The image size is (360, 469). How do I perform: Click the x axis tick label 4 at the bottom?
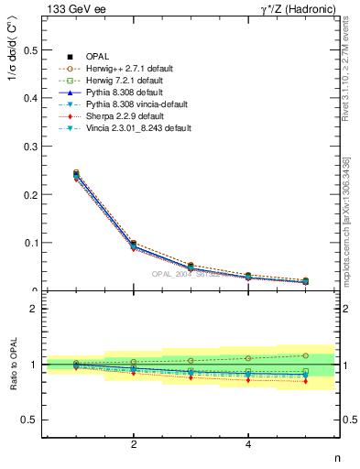(x=248, y=446)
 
